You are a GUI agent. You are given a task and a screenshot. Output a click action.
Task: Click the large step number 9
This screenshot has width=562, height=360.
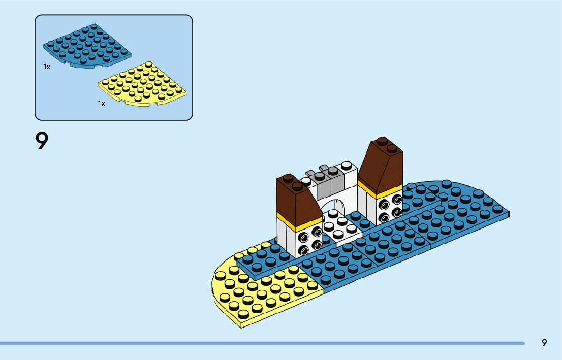42,141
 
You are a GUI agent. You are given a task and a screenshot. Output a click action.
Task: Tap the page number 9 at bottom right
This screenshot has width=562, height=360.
544,342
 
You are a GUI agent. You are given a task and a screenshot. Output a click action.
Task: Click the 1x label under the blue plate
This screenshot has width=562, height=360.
47,67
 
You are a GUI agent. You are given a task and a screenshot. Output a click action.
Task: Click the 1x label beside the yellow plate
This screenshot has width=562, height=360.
102,103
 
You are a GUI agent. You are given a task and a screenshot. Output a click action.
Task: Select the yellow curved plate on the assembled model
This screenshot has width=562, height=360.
259,294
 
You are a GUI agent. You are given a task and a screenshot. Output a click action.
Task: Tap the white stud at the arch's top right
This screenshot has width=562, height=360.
347,165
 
